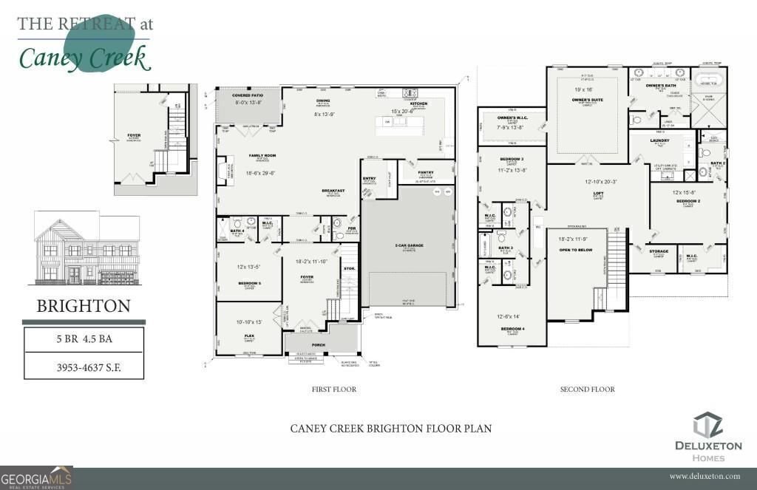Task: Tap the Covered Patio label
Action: pos(247,96)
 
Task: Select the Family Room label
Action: pos(241,156)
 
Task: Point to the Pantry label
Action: pos(425,172)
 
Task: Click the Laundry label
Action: pos(659,140)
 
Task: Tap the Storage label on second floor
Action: pos(659,251)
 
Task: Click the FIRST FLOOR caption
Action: pos(335,389)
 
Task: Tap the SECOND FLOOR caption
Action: pos(587,389)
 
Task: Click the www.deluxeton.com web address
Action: pos(705,477)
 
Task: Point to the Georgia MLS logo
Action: pos(37,478)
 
